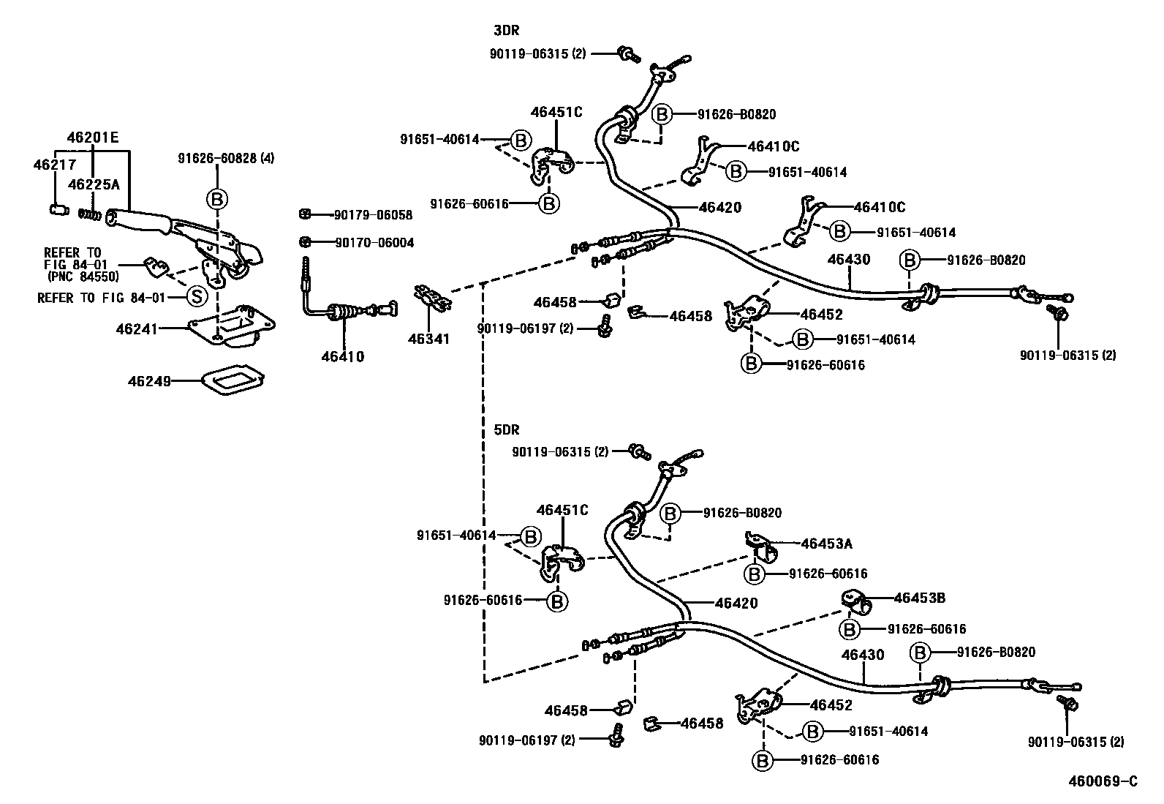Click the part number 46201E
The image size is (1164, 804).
pos(93,138)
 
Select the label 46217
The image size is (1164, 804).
pos(50,165)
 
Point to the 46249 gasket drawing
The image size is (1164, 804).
pos(233,381)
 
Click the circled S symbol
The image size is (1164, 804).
pos(195,297)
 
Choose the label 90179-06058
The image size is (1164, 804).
pos(373,215)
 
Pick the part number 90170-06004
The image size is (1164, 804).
pos(373,242)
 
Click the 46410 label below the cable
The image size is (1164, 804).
pos(342,357)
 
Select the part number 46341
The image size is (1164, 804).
pos(429,339)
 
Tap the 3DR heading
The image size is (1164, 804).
pos(507,31)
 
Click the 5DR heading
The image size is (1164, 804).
pos(507,429)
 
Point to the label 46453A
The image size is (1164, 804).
pos(826,544)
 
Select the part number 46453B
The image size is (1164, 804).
pos(920,598)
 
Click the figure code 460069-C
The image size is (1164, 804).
pos(1103,782)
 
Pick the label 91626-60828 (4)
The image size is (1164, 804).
pos(226,157)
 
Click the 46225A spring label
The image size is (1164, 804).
pos(93,184)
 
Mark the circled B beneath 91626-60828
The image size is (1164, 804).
pos(217,198)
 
